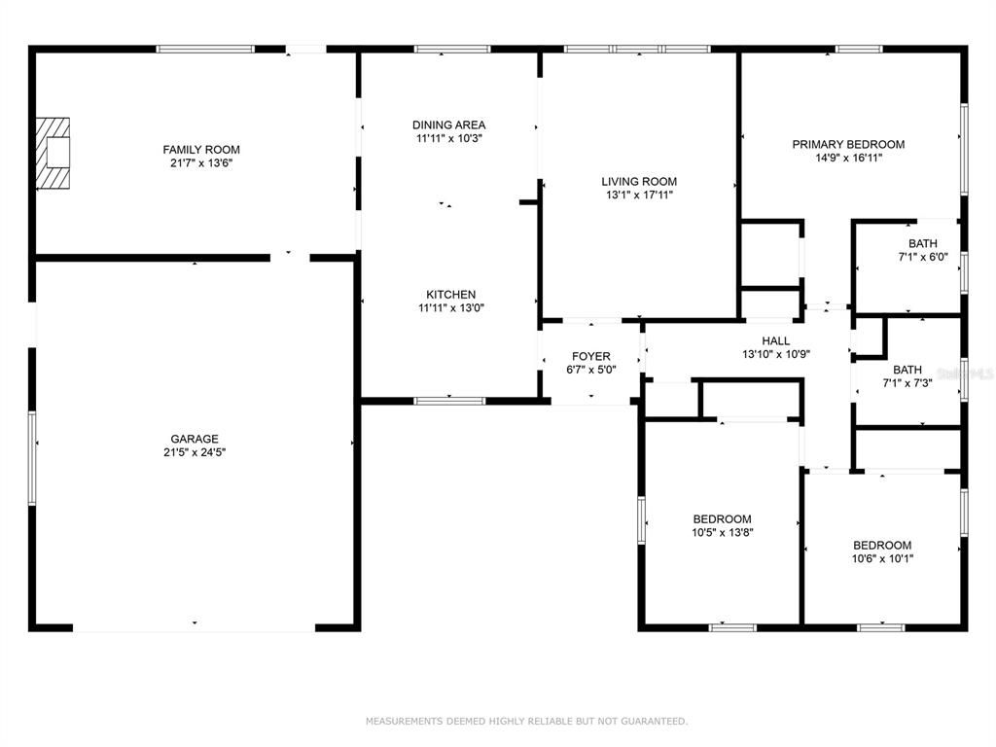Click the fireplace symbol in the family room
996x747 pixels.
pyautogui.click(x=53, y=154)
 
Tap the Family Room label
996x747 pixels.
pyautogui.click(x=201, y=150)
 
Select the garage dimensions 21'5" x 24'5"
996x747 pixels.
pyautogui.click(x=196, y=452)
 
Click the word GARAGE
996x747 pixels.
pyautogui.click(x=196, y=439)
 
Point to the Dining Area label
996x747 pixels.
pyautogui.click(x=448, y=124)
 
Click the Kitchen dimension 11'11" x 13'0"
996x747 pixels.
pyautogui.click(x=450, y=308)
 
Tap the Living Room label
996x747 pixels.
pyautogui.click(x=639, y=181)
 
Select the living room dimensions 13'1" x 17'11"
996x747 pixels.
pyautogui.click(x=639, y=195)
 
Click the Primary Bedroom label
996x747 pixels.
pyautogui.click(x=848, y=144)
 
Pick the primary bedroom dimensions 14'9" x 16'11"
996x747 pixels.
pyautogui.click(x=848, y=158)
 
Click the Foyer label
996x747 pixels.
pyautogui.click(x=590, y=356)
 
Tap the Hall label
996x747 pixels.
pyautogui.click(x=776, y=340)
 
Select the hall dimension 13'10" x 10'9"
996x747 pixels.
pyautogui.click(x=776, y=354)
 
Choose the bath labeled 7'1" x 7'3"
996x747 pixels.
pyautogui.click(x=907, y=376)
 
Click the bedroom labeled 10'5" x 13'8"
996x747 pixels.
pyautogui.click(x=722, y=525)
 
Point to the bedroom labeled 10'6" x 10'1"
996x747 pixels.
pyautogui.click(x=882, y=551)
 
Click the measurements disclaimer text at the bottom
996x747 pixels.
pyautogui.click(x=526, y=722)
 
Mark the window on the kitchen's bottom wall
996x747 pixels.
pyautogui.click(x=449, y=400)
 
